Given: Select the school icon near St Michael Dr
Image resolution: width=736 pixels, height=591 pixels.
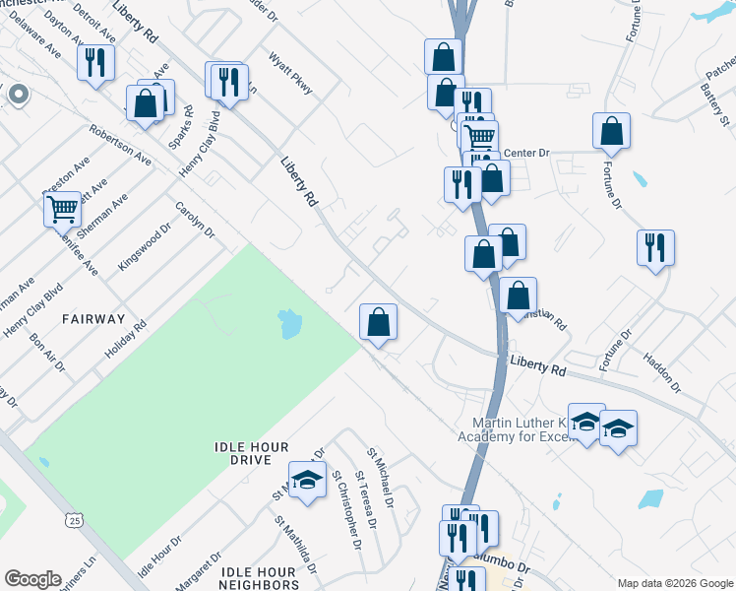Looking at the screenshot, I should coord(307,480).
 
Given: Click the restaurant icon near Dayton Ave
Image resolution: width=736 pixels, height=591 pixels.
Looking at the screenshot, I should coord(95,64).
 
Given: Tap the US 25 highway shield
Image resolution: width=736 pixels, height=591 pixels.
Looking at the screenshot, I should coord(74,519).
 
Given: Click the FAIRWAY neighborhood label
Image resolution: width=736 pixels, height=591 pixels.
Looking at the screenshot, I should coord(93,319).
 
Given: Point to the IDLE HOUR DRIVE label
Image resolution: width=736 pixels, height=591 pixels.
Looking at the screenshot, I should coord(256,453).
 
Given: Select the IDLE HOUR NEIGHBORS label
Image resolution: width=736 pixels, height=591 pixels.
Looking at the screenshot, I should coord(259,579).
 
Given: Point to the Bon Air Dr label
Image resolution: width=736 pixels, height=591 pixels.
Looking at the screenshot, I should coord(47,354).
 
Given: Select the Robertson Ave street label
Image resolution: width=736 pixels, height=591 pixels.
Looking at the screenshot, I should coord(120,144).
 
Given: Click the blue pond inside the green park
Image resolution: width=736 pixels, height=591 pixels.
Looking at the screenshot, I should coord(288,323).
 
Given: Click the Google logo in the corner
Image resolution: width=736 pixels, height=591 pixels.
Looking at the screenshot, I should coord(32,579).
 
